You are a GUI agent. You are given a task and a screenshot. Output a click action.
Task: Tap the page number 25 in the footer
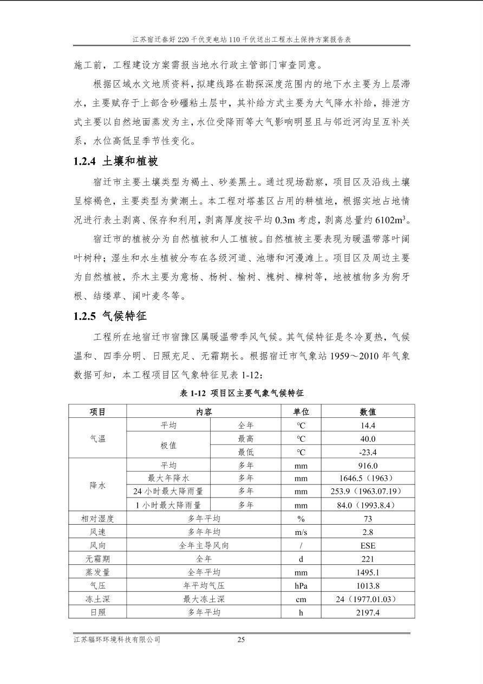(x=241, y=640)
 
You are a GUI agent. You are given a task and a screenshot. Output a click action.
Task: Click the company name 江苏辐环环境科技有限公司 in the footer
(x=117, y=640)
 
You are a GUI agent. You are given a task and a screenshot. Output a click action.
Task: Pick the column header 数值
(x=368, y=412)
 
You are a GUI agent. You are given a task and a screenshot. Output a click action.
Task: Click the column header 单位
(x=301, y=412)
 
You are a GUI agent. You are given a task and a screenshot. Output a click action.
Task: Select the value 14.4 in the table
(x=368, y=425)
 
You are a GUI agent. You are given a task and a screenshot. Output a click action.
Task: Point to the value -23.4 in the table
(x=368, y=452)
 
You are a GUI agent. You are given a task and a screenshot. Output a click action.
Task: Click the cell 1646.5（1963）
(x=368, y=479)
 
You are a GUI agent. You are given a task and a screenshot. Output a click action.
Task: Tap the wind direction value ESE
(x=368, y=545)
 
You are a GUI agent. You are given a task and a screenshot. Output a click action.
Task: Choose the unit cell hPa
(x=301, y=585)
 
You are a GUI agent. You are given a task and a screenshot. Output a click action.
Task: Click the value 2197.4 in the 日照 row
(x=368, y=612)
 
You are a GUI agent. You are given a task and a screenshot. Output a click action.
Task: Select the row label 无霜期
(x=97, y=559)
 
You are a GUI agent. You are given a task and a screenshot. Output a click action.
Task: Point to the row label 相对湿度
(x=97, y=519)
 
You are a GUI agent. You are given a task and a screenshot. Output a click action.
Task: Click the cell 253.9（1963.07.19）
(x=368, y=492)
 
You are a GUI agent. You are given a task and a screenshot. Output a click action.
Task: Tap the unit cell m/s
(x=301, y=532)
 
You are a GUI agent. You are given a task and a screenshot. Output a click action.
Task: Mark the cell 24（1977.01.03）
(x=368, y=599)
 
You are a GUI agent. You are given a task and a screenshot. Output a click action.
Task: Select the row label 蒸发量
(x=97, y=572)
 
